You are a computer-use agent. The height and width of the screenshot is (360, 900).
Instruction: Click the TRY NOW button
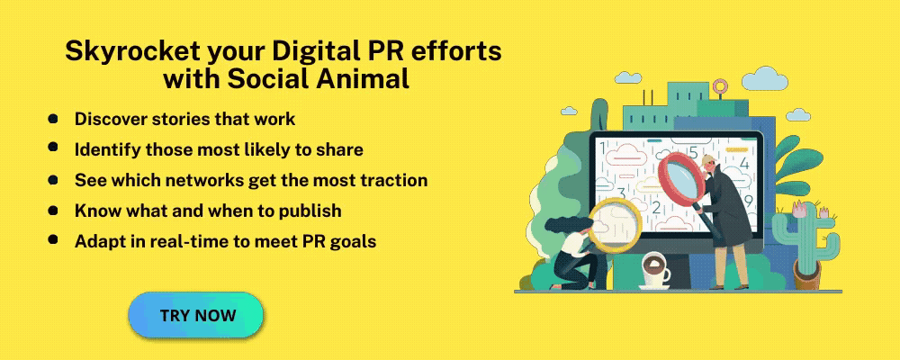195,315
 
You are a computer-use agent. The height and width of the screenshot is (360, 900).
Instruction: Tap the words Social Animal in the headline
319,78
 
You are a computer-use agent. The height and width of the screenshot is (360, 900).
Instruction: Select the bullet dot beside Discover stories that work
53,118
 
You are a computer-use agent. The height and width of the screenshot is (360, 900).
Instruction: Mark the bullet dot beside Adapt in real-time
53,239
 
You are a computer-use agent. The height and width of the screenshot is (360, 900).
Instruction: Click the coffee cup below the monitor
654,271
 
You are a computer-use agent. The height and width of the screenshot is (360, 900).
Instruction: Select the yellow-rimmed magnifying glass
614,225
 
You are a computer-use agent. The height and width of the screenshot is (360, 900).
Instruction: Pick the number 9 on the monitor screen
748,201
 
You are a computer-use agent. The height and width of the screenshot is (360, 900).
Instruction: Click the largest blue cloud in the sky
764,78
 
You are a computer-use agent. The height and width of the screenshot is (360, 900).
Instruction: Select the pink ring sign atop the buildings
720,86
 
